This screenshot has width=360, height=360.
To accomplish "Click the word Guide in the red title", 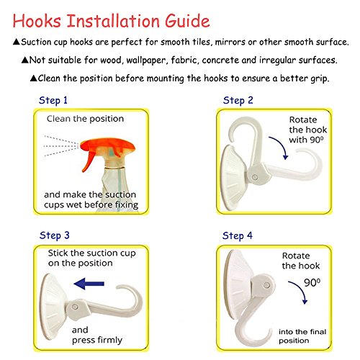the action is coord(187,21).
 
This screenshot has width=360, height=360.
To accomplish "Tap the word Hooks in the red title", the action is coord(37,21).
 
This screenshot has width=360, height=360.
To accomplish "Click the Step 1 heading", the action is coord(53,101).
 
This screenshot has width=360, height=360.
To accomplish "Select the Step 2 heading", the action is coord(238,101).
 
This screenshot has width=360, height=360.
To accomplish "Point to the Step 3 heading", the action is coord(55,235).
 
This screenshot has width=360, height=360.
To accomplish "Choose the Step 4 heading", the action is coord(238,235).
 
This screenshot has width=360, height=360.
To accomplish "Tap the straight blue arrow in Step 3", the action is coord(89,284).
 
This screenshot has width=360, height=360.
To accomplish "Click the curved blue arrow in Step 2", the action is coord(280,146).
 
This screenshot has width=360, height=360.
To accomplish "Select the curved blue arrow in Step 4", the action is coord(300,289).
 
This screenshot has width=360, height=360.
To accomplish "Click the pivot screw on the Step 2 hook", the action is coord(255,178).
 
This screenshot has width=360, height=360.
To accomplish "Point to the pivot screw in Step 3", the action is coord(75,307).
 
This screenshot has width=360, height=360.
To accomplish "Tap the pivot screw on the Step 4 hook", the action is coord(266,285).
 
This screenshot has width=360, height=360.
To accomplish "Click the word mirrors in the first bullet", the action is coord(230,42).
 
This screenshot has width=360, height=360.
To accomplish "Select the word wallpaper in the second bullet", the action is coord(146,60).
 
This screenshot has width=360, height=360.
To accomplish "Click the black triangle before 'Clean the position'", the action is coord(34,78).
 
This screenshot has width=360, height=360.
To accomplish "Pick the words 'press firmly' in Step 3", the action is coord(97,340).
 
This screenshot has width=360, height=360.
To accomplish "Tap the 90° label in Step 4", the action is coord(312,283).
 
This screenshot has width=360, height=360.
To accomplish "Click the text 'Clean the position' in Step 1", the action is coord(85,119).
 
